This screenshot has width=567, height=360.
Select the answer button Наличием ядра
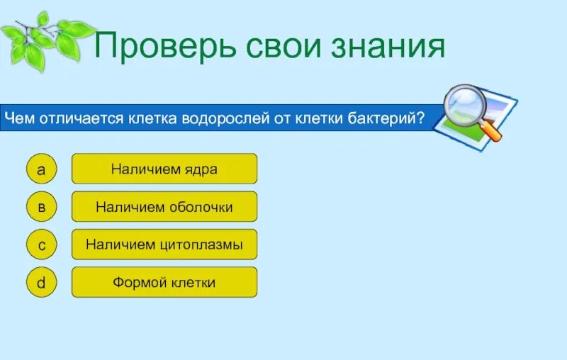pyautogui.click(x=164, y=169)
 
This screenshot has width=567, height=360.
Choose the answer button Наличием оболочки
pyautogui.click(x=164, y=207)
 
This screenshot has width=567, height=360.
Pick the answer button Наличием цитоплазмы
pyautogui.click(x=164, y=244)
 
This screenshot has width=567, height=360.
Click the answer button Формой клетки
pyautogui.click(x=164, y=283)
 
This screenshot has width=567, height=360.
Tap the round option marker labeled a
pyautogui.click(x=41, y=169)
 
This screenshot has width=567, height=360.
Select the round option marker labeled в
pyautogui.click(x=41, y=207)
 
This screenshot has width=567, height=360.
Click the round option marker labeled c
pyautogui.click(x=41, y=245)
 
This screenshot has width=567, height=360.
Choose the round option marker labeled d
pyautogui.click(x=41, y=283)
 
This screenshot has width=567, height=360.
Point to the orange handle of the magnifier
pyautogui.click(x=491, y=130)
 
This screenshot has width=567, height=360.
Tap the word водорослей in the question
pyautogui.click(x=226, y=117)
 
